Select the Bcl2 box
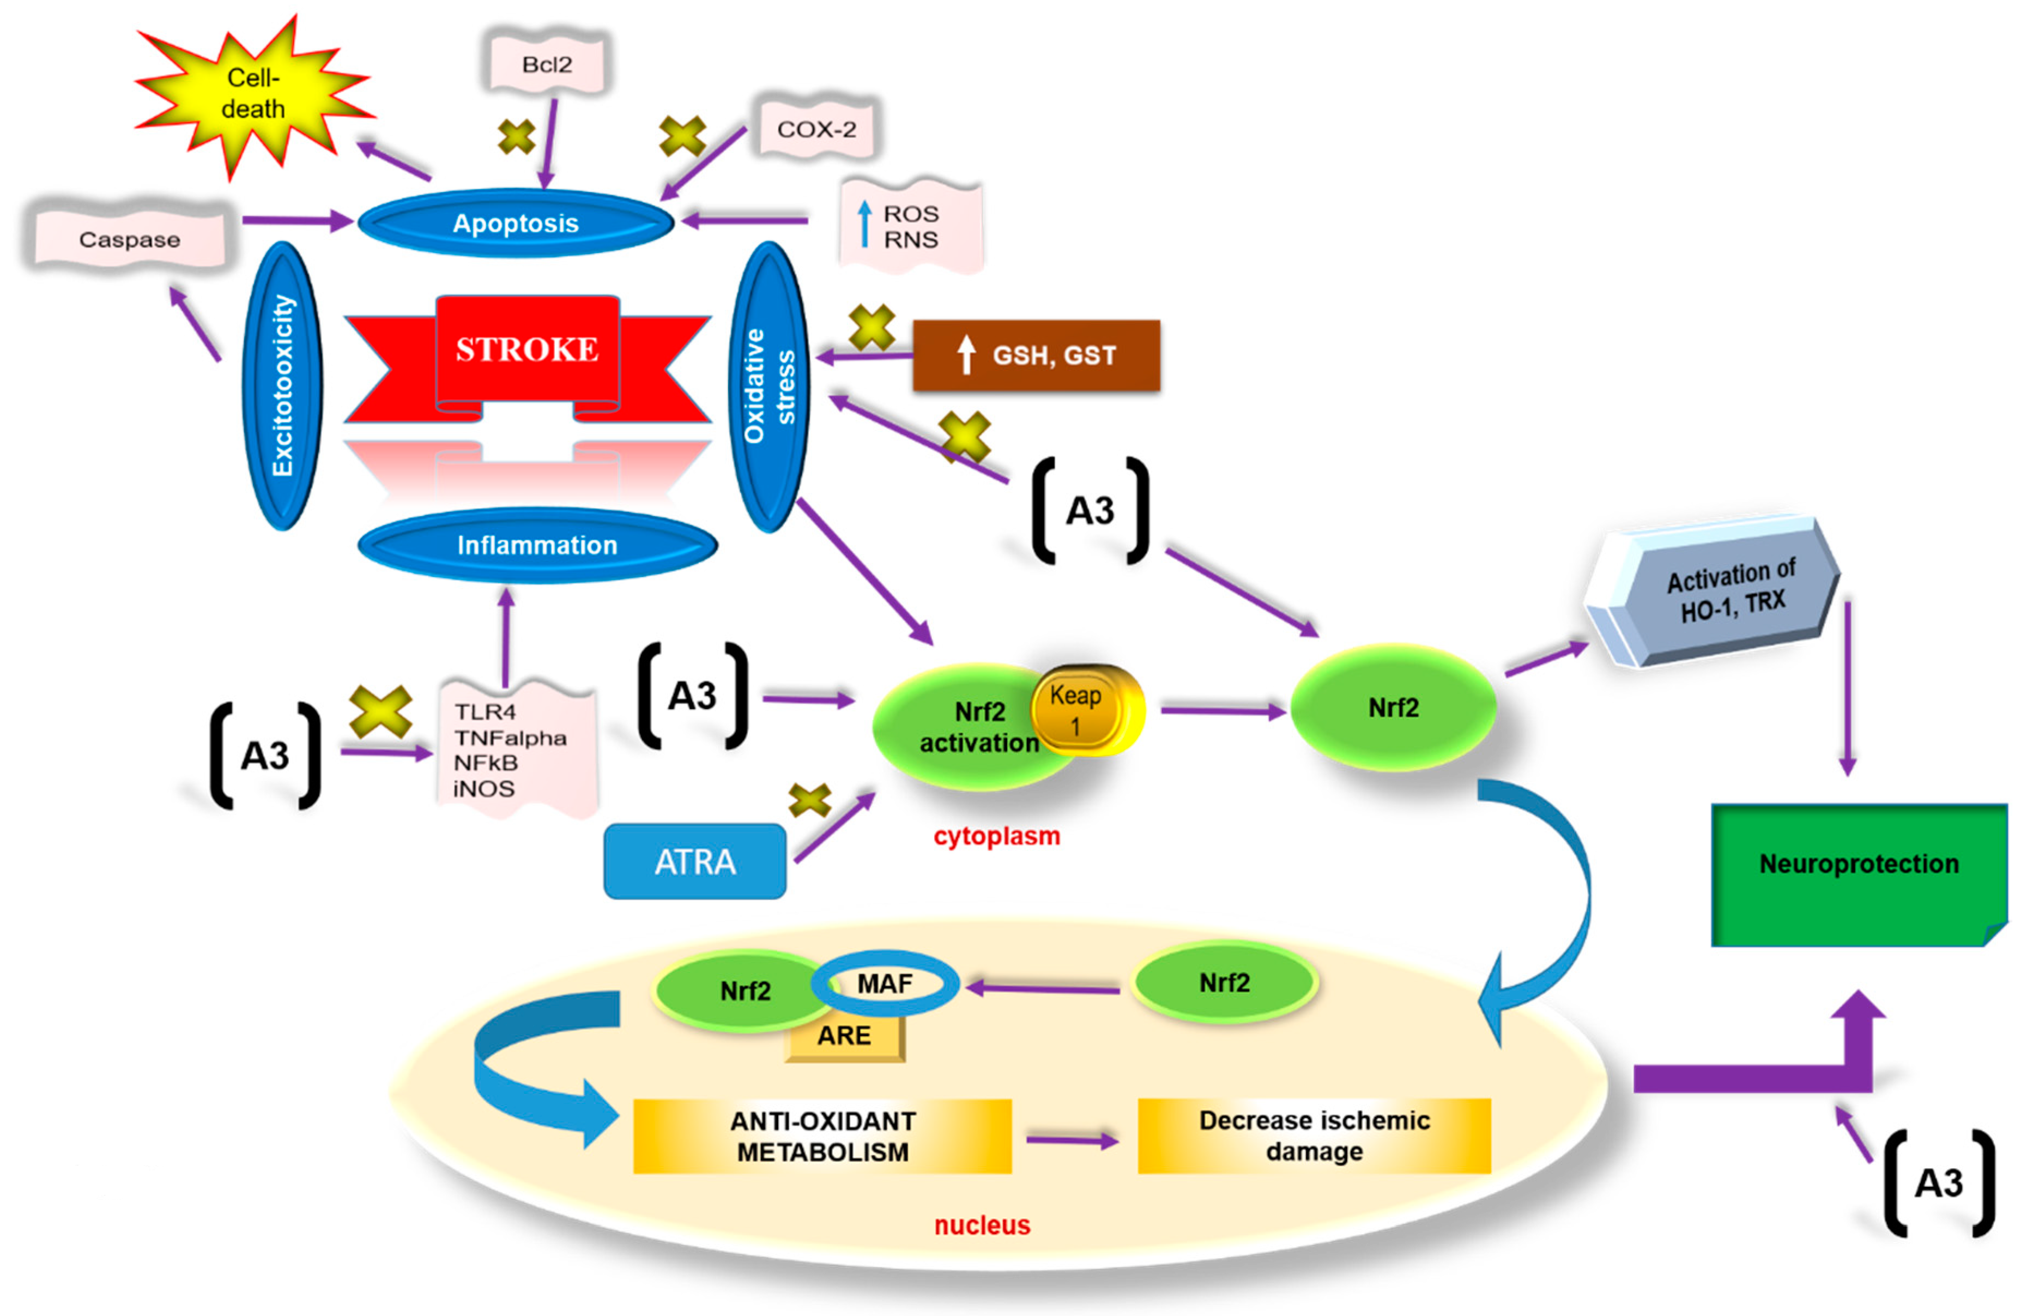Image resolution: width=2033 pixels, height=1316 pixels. pyautogui.click(x=547, y=64)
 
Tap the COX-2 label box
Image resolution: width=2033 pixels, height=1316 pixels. pyautogui.click(x=816, y=129)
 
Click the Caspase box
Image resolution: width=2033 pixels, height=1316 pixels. pyautogui.click(x=130, y=239)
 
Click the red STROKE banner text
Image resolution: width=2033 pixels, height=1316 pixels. pyautogui.click(x=527, y=349)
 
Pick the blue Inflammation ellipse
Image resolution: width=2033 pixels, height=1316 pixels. pyautogui.click(x=536, y=545)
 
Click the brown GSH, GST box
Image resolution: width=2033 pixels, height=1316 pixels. pyautogui.click(x=1036, y=355)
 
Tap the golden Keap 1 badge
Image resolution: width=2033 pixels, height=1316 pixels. pyautogui.click(x=1078, y=709)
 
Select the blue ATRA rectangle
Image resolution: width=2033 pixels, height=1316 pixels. pyautogui.click(x=694, y=861)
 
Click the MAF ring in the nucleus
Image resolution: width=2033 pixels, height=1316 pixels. pyautogui.click(x=885, y=985)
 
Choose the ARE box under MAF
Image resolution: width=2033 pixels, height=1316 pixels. pyautogui.click(x=844, y=1036)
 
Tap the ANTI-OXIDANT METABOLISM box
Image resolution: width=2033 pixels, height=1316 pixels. pyautogui.click(x=822, y=1137)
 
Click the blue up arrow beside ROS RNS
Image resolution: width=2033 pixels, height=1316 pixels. pyautogui.click(x=864, y=224)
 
